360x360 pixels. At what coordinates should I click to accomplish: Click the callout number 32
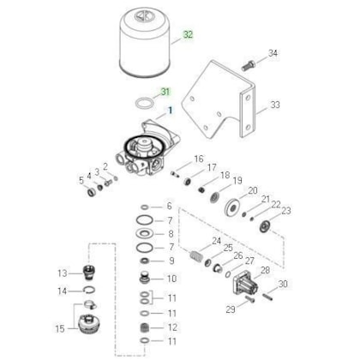pos(188,35)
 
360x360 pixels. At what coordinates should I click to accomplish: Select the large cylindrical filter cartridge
pos(145,42)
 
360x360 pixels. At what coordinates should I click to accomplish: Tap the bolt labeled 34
pos(249,66)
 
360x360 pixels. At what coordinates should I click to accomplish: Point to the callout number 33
pos(275,105)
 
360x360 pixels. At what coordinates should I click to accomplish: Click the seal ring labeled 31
pos(145,103)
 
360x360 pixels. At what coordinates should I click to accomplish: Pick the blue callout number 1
pos(170,111)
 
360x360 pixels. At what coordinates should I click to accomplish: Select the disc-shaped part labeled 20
pos(233,207)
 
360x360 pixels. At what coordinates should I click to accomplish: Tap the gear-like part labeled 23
pos(266,227)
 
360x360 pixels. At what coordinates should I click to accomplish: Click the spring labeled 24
pos(196,255)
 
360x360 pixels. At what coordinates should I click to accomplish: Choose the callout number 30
pos(283,284)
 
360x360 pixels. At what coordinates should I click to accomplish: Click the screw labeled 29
pos(249,299)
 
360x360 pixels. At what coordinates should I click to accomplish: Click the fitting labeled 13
pos(89,273)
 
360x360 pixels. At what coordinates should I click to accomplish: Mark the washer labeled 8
pos(145,234)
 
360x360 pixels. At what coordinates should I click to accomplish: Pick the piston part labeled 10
pos(145,279)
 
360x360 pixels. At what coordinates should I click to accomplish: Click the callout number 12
pos(172,327)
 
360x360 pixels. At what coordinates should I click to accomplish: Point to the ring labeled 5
pos(92,192)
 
